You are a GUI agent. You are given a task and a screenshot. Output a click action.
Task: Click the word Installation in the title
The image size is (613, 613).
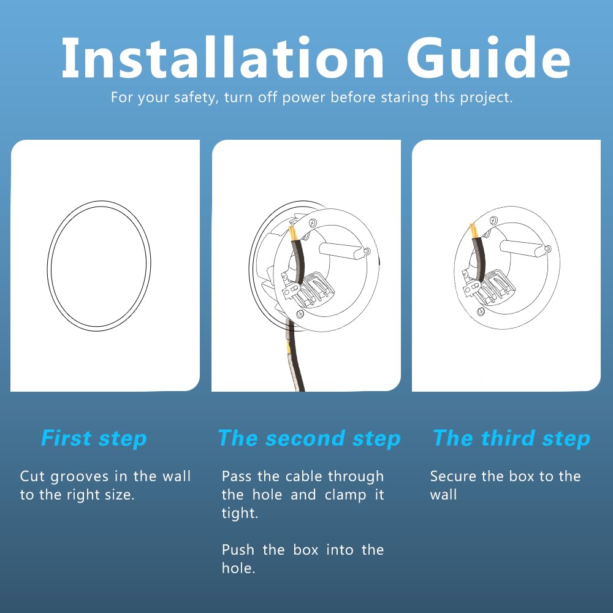(223, 58)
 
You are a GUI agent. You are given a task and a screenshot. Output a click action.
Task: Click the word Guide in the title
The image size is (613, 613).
(489, 58)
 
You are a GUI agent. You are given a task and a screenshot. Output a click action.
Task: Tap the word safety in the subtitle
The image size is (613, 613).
(194, 97)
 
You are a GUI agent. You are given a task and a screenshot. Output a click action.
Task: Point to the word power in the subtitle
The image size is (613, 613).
(303, 97)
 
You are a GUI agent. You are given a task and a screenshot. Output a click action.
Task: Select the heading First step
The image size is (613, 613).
(94, 439)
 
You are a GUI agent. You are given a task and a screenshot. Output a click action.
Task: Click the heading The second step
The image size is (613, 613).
(309, 439)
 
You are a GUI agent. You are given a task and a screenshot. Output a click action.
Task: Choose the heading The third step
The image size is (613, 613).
(512, 439)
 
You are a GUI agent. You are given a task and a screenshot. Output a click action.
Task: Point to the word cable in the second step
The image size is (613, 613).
(303, 476)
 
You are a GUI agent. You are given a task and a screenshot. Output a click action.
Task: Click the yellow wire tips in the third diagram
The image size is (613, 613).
(473, 230)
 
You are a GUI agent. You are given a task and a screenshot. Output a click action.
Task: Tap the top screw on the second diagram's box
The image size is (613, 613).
(313, 223)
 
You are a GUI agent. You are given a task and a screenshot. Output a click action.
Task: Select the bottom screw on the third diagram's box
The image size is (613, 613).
(481, 311)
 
